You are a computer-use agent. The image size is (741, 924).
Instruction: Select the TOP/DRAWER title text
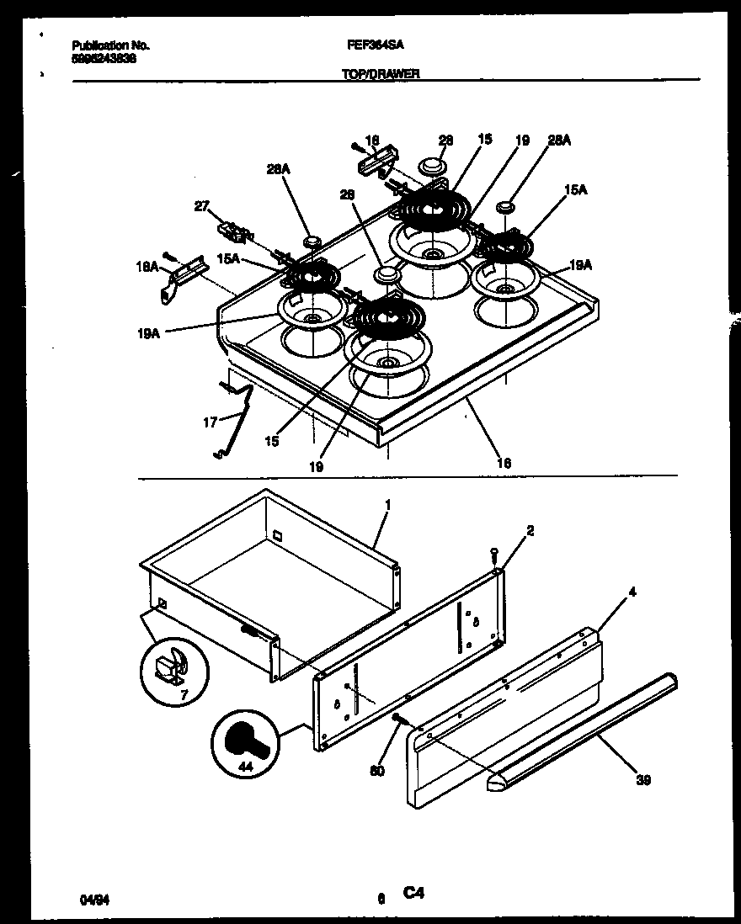(x=380, y=73)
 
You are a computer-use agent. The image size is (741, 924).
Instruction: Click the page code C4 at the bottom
(x=413, y=895)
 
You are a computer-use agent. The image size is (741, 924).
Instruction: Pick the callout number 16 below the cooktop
(x=504, y=462)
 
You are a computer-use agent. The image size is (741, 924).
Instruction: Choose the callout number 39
(x=643, y=779)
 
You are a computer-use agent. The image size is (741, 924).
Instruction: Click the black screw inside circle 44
(x=248, y=741)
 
